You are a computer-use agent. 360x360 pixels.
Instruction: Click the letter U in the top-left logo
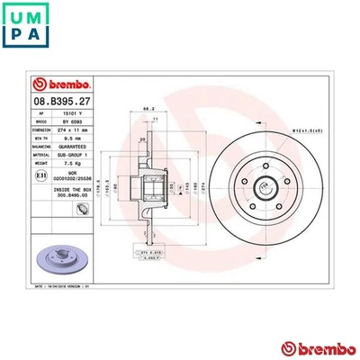click(17, 17)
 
